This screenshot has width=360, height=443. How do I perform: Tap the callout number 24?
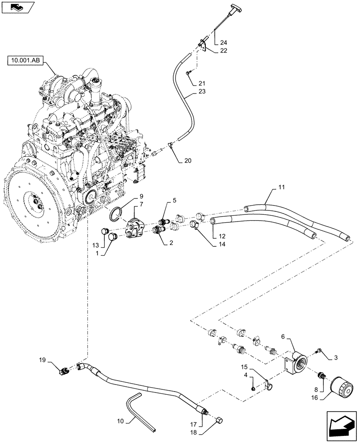pyautogui.click(x=223, y=43)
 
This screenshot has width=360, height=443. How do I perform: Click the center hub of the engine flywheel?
pyautogui.click(x=35, y=205)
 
